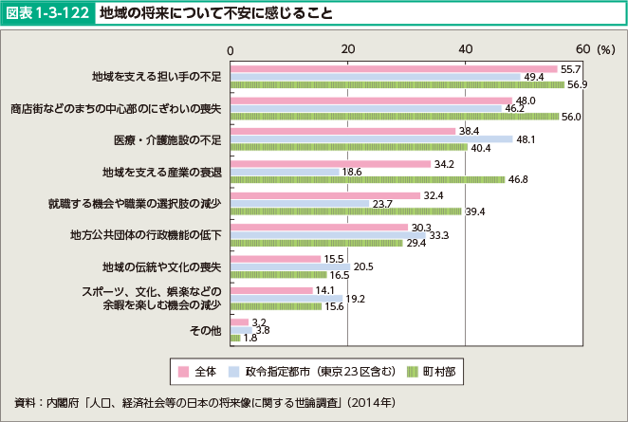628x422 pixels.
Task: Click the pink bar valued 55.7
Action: pos(394,69)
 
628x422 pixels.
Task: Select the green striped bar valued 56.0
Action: pos(395,116)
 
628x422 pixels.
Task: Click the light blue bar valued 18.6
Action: pos(286,172)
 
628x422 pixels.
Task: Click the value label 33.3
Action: pos(439,235)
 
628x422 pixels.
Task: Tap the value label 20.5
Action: pos(364,266)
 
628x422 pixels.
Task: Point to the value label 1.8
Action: pos(251,338)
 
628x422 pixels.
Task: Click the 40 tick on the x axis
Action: pos(465,48)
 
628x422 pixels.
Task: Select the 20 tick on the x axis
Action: pos(348,48)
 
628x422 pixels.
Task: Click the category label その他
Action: pos(206,331)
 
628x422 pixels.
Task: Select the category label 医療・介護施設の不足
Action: pos(167,139)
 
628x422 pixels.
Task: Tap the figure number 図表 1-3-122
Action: pos(48,13)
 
